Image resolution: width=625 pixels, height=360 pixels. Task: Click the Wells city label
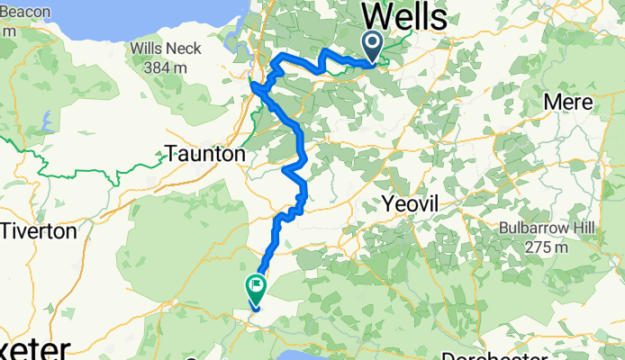coord(405,17)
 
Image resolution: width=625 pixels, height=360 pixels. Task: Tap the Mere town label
coord(568,102)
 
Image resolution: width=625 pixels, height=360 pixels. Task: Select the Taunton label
coord(205,155)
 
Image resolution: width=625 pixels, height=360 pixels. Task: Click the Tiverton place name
coord(38,231)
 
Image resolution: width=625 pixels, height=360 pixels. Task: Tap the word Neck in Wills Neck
coord(184,48)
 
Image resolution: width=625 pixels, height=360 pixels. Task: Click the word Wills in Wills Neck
coord(148,48)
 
